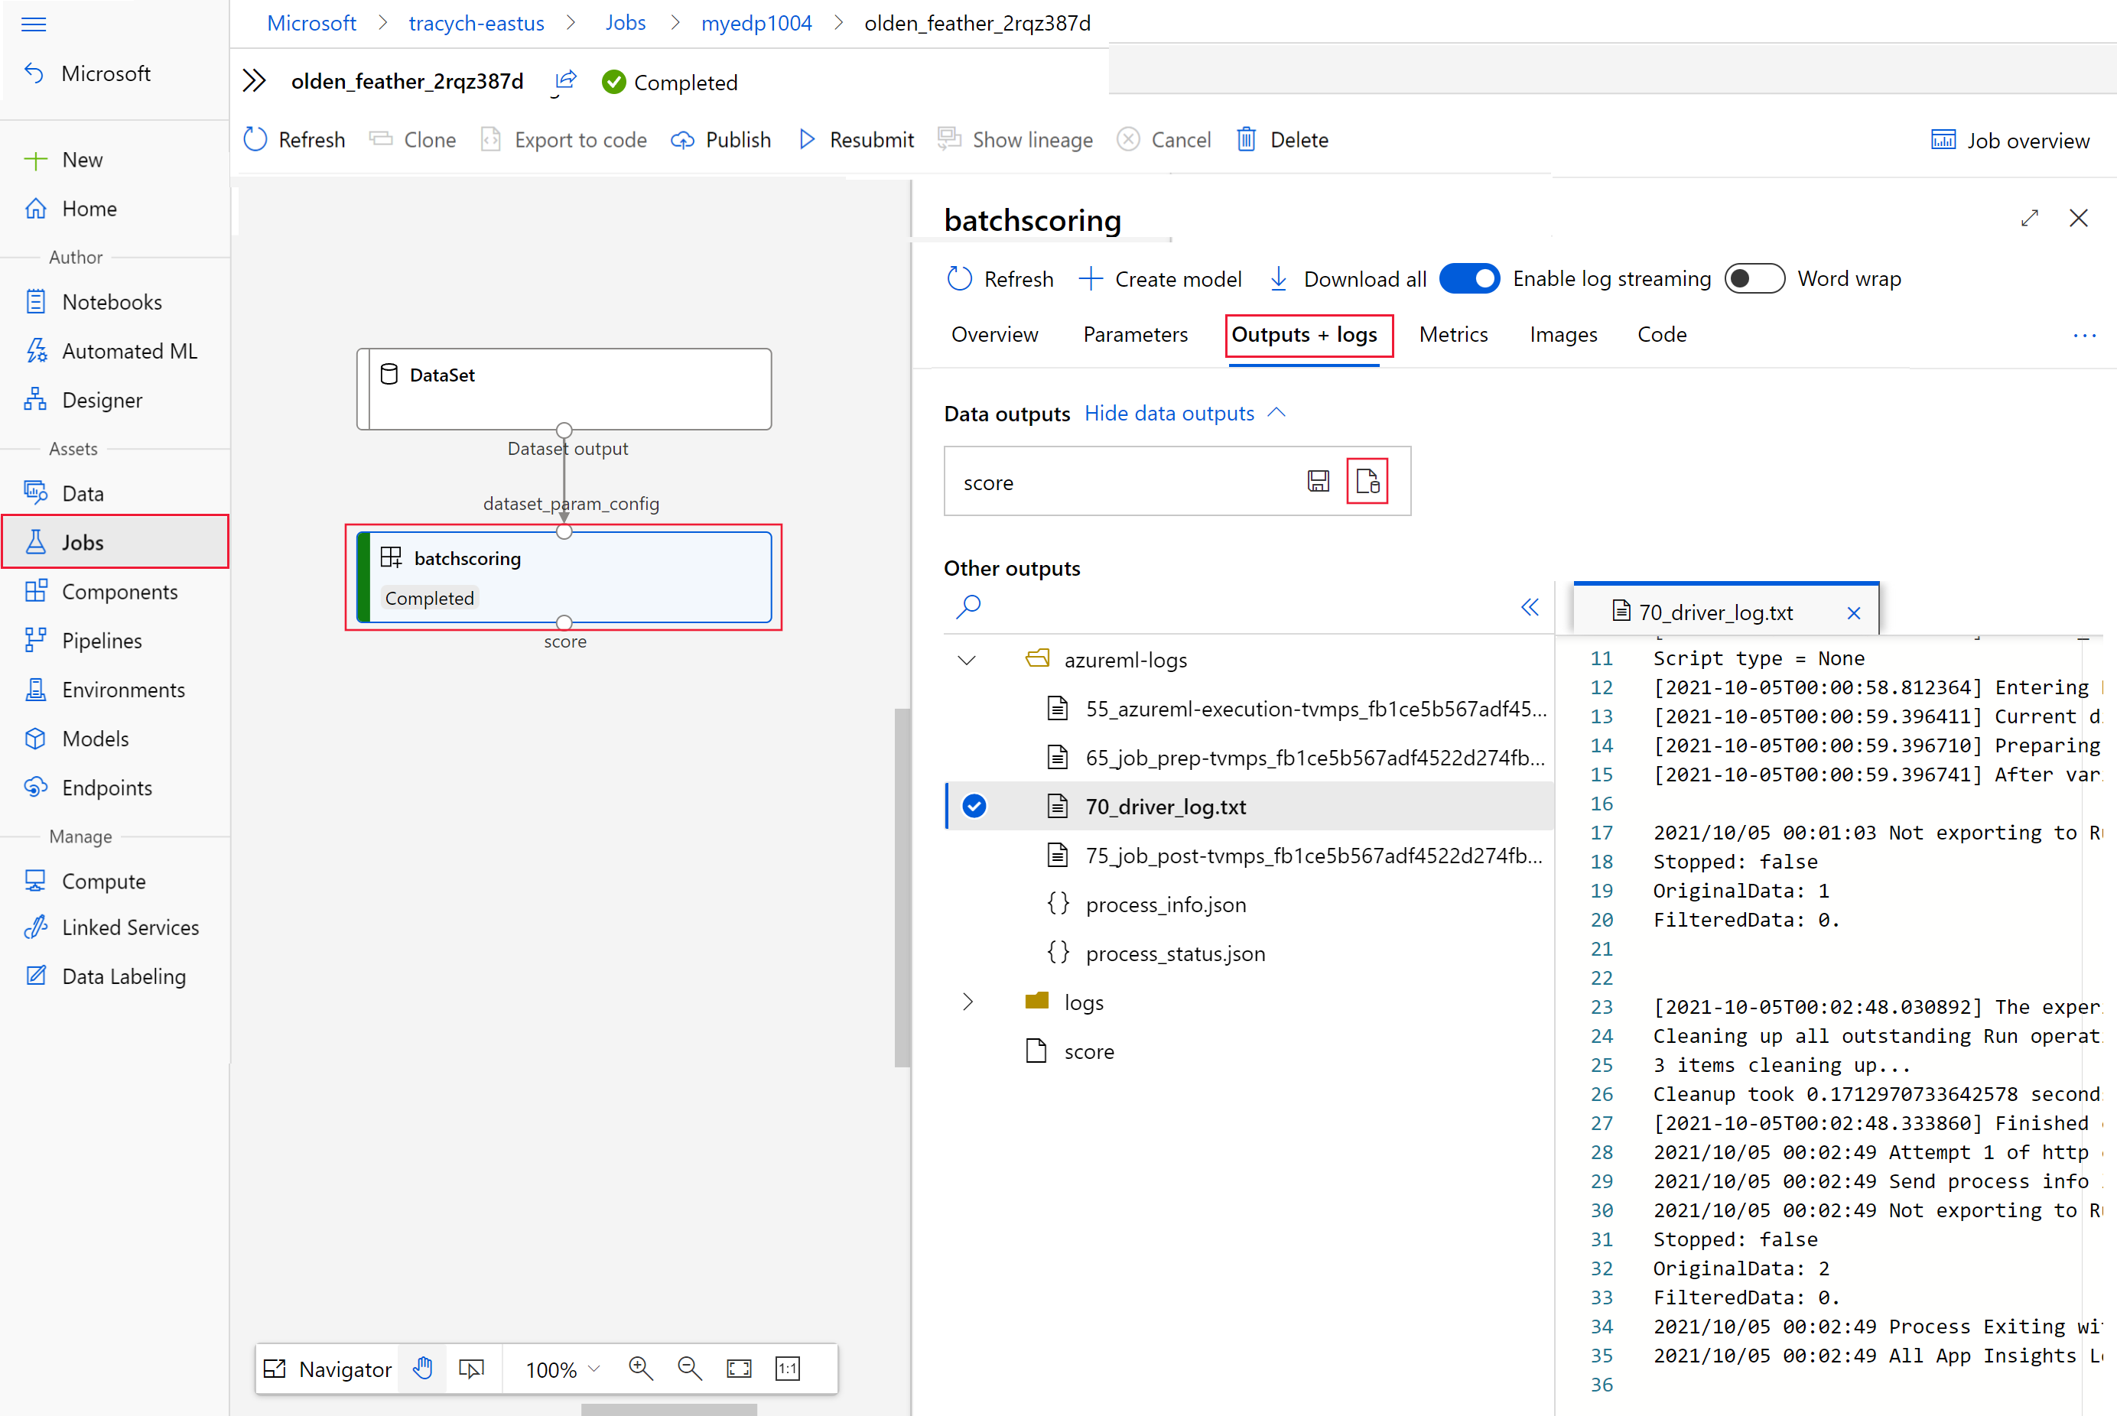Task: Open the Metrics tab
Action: coord(1453,335)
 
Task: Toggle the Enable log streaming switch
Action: coord(1469,279)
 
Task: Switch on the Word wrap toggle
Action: coord(1754,279)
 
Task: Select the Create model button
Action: coord(1160,279)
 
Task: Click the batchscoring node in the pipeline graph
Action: coord(564,577)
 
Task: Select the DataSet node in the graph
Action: coord(564,389)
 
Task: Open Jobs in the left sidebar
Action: coord(115,542)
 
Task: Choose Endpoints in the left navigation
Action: coord(106,788)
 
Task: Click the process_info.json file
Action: coord(1165,904)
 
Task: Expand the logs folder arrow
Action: coord(967,1002)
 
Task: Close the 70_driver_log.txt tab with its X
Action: coord(1854,613)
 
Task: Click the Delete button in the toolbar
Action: coord(1283,140)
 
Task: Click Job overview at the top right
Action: coord(2011,141)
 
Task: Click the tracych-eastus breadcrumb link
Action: coord(476,24)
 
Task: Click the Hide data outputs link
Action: coord(1169,414)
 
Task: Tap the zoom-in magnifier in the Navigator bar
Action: coord(640,1368)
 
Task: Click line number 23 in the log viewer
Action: coord(1602,1007)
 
